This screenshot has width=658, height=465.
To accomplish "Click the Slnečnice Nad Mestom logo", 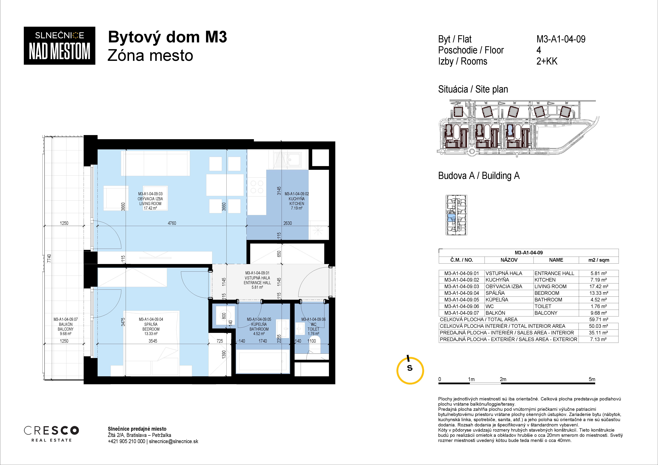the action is (59, 46).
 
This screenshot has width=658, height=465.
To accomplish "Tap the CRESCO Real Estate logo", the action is (51, 433).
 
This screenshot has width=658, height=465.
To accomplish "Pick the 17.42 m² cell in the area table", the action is (599, 286).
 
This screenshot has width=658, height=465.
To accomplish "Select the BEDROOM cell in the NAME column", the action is (547, 293).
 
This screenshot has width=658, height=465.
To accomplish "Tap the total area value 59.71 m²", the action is (599, 319).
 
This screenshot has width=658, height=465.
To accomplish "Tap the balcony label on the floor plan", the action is (66, 326).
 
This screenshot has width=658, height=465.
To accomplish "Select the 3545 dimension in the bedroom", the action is (153, 341).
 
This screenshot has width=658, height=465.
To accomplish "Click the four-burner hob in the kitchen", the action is (257, 187).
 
